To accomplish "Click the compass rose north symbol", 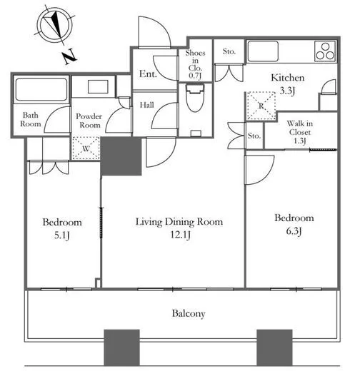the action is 55,26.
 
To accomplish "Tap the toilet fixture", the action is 195,98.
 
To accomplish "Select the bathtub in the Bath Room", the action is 41,89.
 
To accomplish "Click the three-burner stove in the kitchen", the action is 325,51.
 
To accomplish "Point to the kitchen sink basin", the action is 263,51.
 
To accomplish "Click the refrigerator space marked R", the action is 261,106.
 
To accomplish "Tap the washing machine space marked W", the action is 86,148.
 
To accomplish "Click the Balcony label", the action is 189,314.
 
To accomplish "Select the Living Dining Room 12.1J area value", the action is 180,235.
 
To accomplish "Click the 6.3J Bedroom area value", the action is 294,231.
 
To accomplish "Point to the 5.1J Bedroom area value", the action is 61,235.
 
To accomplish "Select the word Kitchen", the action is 288,78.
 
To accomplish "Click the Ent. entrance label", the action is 148,73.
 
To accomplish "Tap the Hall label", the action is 146,105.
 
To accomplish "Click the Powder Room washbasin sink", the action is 98,87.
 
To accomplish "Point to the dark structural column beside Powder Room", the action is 121,156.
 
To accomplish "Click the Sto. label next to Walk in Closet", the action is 254,136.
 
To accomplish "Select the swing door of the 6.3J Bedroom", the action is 260,170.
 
